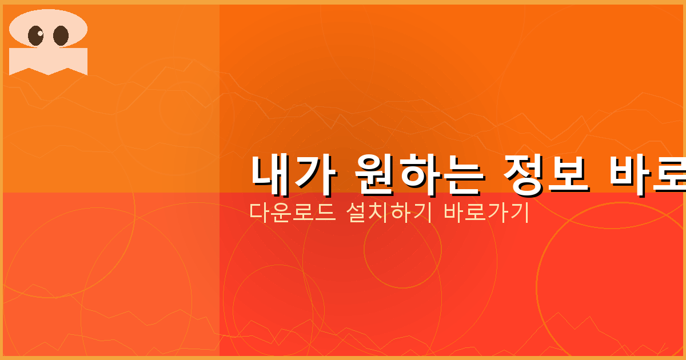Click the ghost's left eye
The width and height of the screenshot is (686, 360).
pyautogui.click(x=36, y=36)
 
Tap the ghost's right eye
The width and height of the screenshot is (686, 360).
pyautogui.click(x=61, y=36)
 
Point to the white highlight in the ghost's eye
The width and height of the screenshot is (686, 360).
pyautogui.click(x=40, y=33)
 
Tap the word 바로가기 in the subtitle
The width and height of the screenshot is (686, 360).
pyautogui.click(x=486, y=213)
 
